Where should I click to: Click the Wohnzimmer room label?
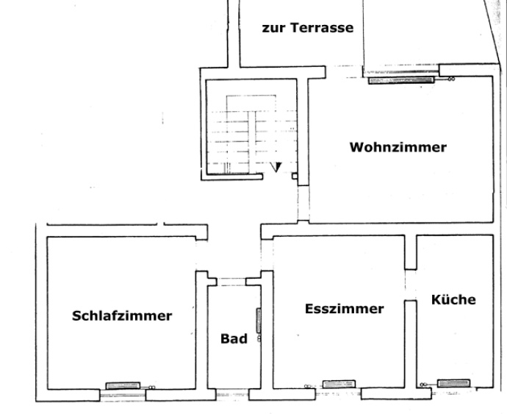pos(398,147)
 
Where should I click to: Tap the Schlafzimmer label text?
pos(122,316)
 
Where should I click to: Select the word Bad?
pos(234,339)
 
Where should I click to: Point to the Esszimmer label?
pos(344,309)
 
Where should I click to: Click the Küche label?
pos(453,300)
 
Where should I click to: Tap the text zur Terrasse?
pos(308,29)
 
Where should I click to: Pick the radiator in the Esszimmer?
pos(339,383)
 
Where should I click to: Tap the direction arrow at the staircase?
pos(276,167)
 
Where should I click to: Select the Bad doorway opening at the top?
pos(232,280)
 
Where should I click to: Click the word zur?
pos(273,29)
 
